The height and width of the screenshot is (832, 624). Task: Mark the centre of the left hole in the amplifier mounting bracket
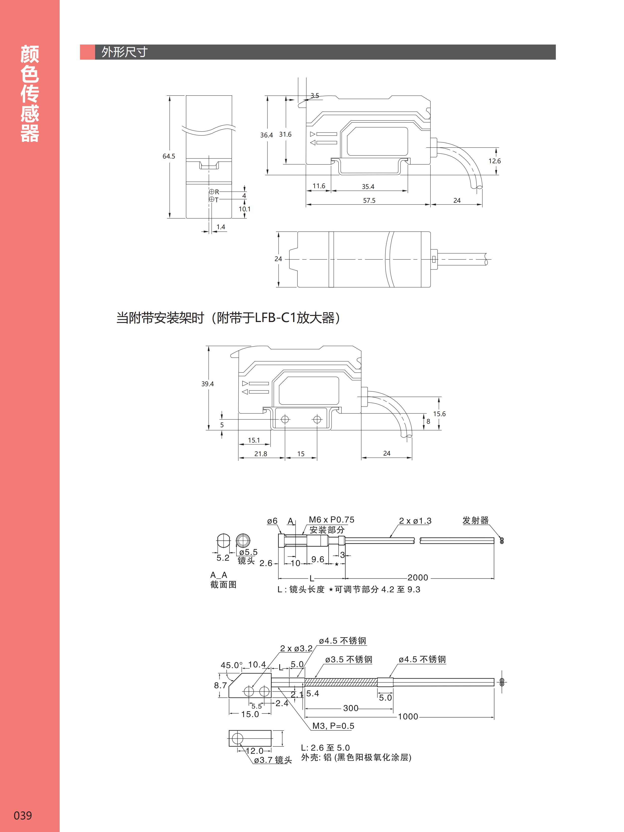(285, 419)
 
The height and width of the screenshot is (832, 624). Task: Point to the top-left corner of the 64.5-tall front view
(186, 96)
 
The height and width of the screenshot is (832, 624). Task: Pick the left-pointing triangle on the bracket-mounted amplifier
(245, 392)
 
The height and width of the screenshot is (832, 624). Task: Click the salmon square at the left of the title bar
(87, 52)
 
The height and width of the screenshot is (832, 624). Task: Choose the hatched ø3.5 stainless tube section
(341, 682)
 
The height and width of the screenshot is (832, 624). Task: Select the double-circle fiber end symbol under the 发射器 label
(502, 540)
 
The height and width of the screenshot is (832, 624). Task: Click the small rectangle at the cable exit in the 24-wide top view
(434, 259)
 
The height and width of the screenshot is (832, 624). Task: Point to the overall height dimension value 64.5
(169, 156)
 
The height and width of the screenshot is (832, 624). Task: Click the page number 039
(23, 815)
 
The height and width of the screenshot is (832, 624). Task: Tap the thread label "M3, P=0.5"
(333, 726)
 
